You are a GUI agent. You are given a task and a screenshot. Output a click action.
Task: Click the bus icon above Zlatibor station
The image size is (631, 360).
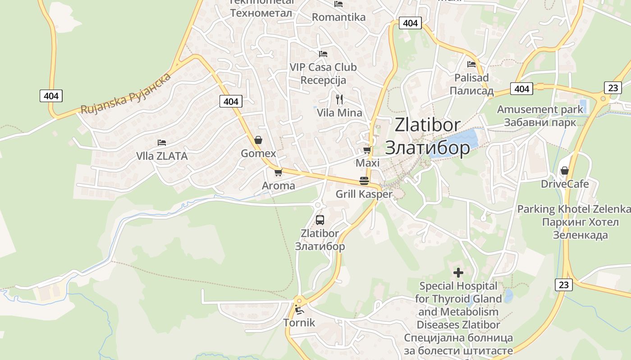(320, 220)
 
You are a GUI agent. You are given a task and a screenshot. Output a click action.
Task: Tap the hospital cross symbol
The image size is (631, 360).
(458, 273)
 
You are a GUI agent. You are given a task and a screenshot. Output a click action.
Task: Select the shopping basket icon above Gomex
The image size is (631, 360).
(258, 140)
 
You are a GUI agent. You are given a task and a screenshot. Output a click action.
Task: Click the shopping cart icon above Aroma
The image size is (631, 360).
(278, 172)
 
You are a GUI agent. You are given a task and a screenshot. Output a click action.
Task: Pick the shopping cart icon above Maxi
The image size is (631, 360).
(367, 150)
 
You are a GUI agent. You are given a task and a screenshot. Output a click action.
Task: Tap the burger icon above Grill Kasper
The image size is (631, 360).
(364, 181)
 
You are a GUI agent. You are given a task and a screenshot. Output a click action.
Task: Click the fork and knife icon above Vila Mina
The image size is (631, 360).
(339, 99)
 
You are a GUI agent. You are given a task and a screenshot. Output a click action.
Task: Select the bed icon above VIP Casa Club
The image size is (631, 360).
(323, 54)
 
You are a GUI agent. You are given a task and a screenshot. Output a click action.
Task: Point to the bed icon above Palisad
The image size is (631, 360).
(471, 64)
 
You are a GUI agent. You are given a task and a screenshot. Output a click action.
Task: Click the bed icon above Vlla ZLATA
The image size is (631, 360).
(162, 143)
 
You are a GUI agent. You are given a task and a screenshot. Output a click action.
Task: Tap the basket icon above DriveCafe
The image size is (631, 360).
(564, 171)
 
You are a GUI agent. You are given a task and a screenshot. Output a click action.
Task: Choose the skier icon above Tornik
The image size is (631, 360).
(299, 310)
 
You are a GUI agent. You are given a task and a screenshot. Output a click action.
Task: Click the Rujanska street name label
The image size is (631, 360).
(126, 94)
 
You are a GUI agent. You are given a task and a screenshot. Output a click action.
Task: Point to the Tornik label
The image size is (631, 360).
(299, 323)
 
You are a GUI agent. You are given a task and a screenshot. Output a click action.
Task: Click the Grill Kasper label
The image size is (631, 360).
(364, 194)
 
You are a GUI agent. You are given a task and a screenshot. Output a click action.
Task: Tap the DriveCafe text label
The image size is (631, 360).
(565, 184)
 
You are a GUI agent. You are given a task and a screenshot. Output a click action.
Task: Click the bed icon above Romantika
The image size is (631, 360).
(338, 4)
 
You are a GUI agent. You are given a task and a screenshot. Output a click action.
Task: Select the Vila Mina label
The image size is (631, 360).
(339, 112)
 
